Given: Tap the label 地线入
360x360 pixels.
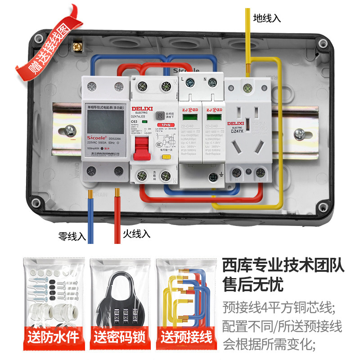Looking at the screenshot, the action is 267,18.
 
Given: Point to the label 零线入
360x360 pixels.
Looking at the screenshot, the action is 72,235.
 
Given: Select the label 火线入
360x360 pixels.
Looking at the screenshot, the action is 136,234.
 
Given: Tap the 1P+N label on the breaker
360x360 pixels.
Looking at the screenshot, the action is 164,126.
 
